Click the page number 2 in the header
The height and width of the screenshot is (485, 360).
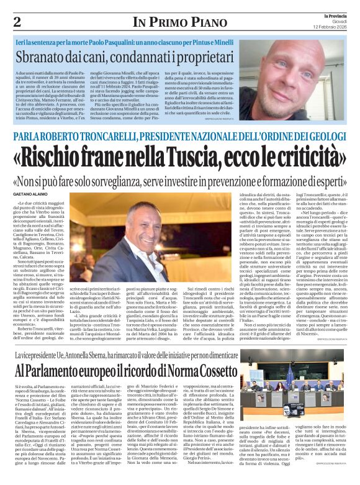point(17,22)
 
